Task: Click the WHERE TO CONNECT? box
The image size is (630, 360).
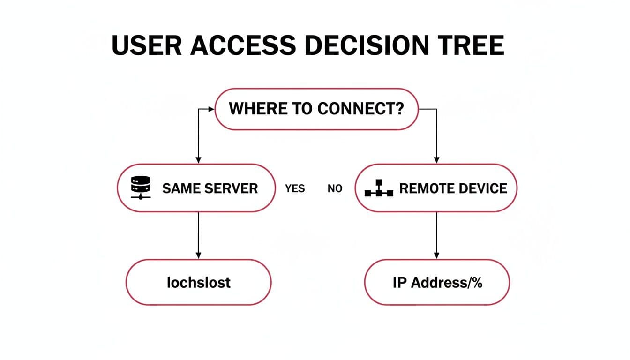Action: [x=316, y=109]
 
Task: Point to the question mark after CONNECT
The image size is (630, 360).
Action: [x=399, y=109]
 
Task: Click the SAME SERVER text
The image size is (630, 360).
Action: [x=210, y=188]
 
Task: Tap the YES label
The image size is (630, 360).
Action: [x=295, y=189]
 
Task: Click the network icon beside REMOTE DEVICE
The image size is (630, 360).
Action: [x=379, y=188]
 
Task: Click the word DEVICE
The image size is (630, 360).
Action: [x=483, y=188]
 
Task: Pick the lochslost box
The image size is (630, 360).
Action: [x=198, y=282]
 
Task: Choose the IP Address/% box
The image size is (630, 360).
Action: [x=436, y=282]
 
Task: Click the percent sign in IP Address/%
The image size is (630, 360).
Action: [x=477, y=282]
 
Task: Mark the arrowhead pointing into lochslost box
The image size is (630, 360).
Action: [x=198, y=256]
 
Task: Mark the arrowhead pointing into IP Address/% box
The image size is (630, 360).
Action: [x=436, y=256]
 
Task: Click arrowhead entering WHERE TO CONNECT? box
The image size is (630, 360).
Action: [x=211, y=109]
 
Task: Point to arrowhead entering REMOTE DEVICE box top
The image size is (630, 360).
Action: [x=436, y=160]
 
